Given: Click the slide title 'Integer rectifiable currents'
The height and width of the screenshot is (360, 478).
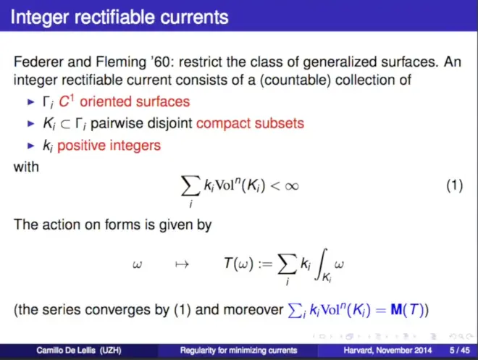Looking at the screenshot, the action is (x=119, y=17).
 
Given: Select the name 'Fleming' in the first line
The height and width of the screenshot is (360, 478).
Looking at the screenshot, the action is (x=121, y=62).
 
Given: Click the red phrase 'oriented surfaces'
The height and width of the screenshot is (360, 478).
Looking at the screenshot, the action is (x=135, y=101).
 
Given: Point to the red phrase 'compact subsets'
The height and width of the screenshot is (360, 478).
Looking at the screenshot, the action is (x=250, y=123).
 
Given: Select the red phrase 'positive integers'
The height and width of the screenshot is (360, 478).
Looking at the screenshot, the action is (x=109, y=146).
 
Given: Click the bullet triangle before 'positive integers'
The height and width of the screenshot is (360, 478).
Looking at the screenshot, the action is (x=31, y=146).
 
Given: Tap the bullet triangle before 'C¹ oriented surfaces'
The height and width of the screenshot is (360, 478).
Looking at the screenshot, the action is (x=31, y=102).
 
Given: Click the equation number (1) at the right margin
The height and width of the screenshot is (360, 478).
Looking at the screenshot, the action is (x=455, y=185).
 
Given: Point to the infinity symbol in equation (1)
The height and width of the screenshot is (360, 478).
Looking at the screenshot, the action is (x=292, y=186).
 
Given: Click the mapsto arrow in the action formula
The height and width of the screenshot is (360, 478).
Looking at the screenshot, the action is (x=182, y=264).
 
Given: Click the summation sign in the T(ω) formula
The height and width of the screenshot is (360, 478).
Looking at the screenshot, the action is (x=288, y=264).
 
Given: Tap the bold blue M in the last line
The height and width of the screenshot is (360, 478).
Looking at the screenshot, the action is (x=396, y=310).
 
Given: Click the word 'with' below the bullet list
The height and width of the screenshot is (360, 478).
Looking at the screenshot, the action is (x=26, y=167).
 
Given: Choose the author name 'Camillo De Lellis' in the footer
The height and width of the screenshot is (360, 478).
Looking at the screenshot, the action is (x=66, y=351).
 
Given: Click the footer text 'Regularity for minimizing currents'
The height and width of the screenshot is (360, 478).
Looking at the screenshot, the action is (x=238, y=351).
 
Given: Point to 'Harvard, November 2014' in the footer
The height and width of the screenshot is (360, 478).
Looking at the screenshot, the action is (x=387, y=351).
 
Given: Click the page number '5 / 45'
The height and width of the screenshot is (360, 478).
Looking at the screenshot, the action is (x=460, y=351).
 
